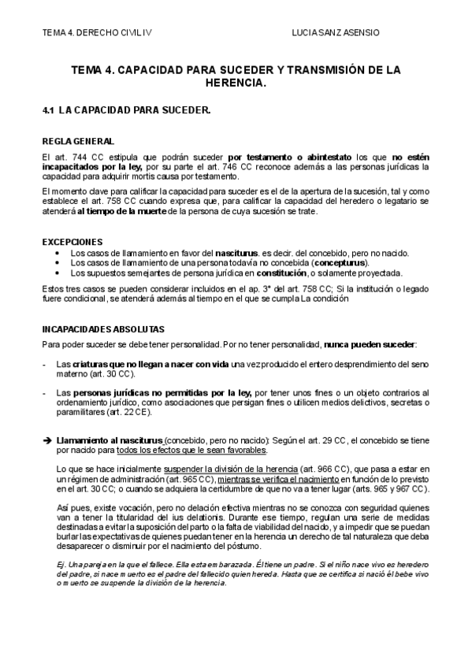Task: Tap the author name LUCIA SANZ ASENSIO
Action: [335, 33]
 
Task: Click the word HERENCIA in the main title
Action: [236, 82]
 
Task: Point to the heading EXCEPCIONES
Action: [72, 241]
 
